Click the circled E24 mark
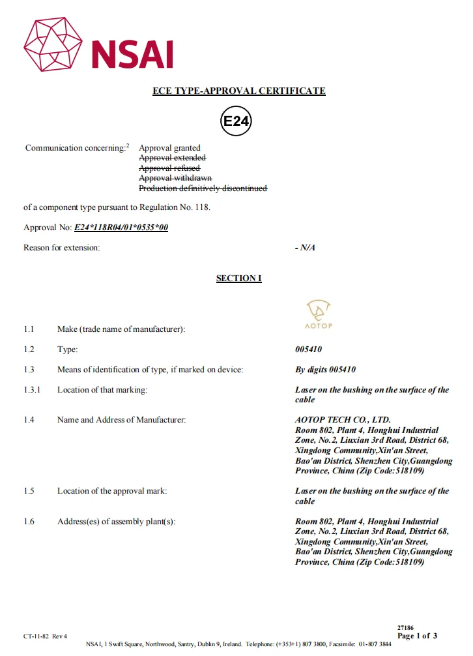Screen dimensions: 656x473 point(236,121)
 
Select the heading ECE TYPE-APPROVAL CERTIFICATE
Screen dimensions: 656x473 point(238,91)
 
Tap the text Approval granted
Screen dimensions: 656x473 point(169,148)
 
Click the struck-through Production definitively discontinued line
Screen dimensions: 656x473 point(203,188)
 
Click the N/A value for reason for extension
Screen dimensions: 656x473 point(305,248)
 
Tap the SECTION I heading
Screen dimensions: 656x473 point(238,278)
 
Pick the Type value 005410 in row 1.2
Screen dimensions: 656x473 point(309,350)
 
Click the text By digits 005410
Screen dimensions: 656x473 point(326,370)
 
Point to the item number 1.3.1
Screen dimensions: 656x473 point(32,390)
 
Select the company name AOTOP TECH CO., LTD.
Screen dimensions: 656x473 point(343,420)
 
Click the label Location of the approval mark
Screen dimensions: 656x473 point(112,491)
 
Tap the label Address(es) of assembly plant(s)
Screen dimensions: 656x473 point(116,522)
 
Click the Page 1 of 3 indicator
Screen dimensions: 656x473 point(417,636)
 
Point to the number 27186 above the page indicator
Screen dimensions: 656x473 point(405,627)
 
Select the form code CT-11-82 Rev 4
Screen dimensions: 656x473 point(46,636)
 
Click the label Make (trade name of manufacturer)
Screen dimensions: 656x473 point(121,329)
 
